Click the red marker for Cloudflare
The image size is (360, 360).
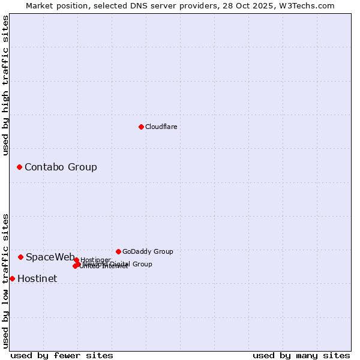(x=141, y=127)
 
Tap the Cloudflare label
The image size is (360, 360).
(x=161, y=127)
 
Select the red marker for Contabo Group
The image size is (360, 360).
(x=19, y=167)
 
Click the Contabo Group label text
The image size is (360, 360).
(x=61, y=167)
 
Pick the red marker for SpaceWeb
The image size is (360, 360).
(x=20, y=257)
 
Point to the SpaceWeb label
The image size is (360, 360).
(x=50, y=257)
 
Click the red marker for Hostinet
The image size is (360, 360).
(x=12, y=278)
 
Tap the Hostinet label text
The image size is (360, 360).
(x=37, y=279)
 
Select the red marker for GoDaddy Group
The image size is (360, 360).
(x=118, y=251)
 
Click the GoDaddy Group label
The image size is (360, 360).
(x=148, y=252)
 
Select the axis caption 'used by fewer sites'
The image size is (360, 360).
(x=62, y=355)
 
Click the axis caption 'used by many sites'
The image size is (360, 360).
(x=301, y=355)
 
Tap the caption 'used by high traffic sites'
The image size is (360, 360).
(x=6, y=85)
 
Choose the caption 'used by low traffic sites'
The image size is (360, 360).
(x=6, y=281)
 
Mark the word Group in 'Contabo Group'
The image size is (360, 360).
(x=82, y=167)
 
